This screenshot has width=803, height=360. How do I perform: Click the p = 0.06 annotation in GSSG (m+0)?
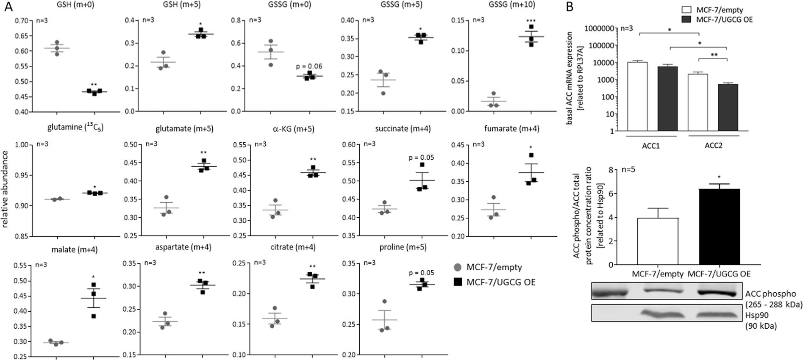click(x=309, y=66)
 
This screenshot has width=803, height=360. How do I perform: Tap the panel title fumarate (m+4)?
click(x=512, y=129)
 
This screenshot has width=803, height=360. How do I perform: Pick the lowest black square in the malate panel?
click(x=94, y=316)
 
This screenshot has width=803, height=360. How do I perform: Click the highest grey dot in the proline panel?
click(x=384, y=301)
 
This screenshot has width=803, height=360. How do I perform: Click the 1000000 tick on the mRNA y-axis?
click(x=600, y=28)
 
